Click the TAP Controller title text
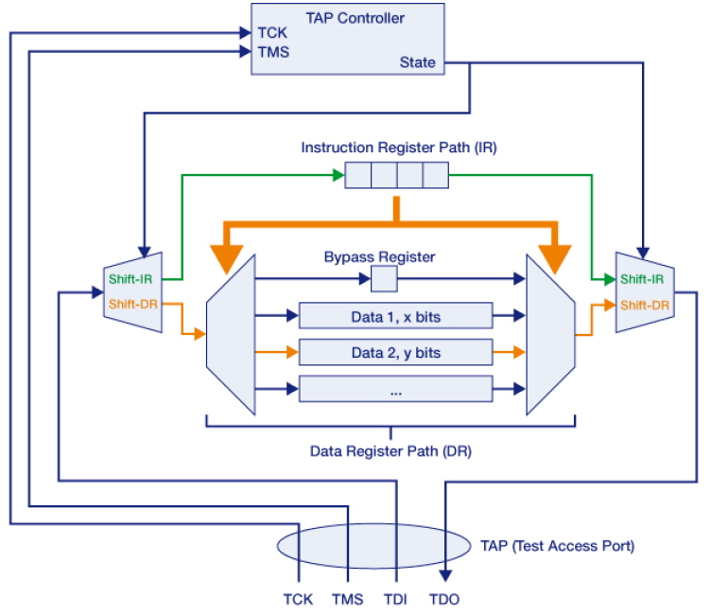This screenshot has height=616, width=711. pos(355,18)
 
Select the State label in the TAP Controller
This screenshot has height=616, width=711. pos(417,62)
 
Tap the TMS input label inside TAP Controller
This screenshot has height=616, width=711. pos(273,52)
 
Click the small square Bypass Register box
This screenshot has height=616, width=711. pos(384,279)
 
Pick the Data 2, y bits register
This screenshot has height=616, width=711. pos(395,352)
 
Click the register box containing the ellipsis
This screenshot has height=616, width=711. pos(395,389)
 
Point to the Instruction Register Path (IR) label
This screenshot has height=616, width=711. pos(398,148)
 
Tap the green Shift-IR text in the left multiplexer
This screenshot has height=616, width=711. pos(131,277)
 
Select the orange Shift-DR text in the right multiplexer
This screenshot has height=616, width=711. pos(646,305)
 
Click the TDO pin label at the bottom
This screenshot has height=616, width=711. pos(444,599)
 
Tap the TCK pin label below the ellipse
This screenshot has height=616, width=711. pos(298,599)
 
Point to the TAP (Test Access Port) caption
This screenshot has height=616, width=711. pos(557,546)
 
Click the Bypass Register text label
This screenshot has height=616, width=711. pos(379,256)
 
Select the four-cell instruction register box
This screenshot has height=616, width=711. pos(396,175)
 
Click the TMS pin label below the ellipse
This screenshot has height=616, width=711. pos(348,599)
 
